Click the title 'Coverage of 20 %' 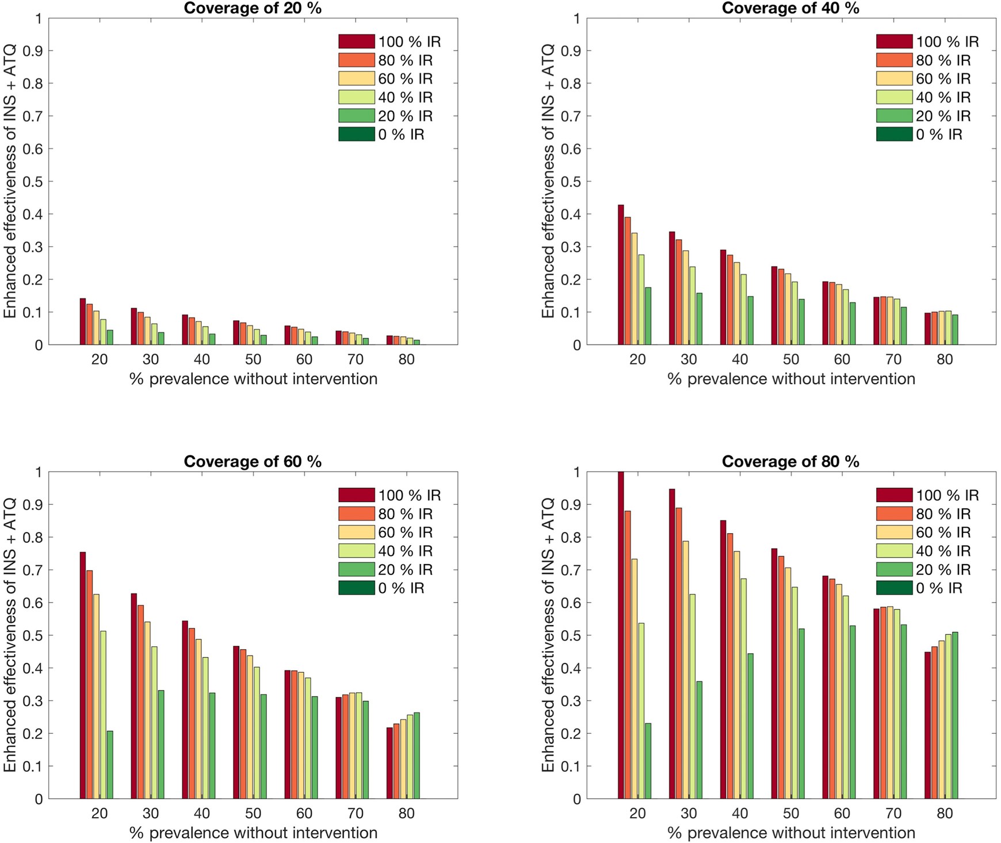point(253,8)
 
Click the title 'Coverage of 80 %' point(790,462)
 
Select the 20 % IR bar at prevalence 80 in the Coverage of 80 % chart point(954,715)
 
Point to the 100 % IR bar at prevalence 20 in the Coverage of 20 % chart point(83,321)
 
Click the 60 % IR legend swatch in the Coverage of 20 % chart point(357,79)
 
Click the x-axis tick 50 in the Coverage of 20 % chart point(253,360)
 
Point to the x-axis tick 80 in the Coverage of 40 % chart point(945,360)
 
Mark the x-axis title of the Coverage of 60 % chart point(253,833)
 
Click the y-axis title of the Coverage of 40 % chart point(548,181)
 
